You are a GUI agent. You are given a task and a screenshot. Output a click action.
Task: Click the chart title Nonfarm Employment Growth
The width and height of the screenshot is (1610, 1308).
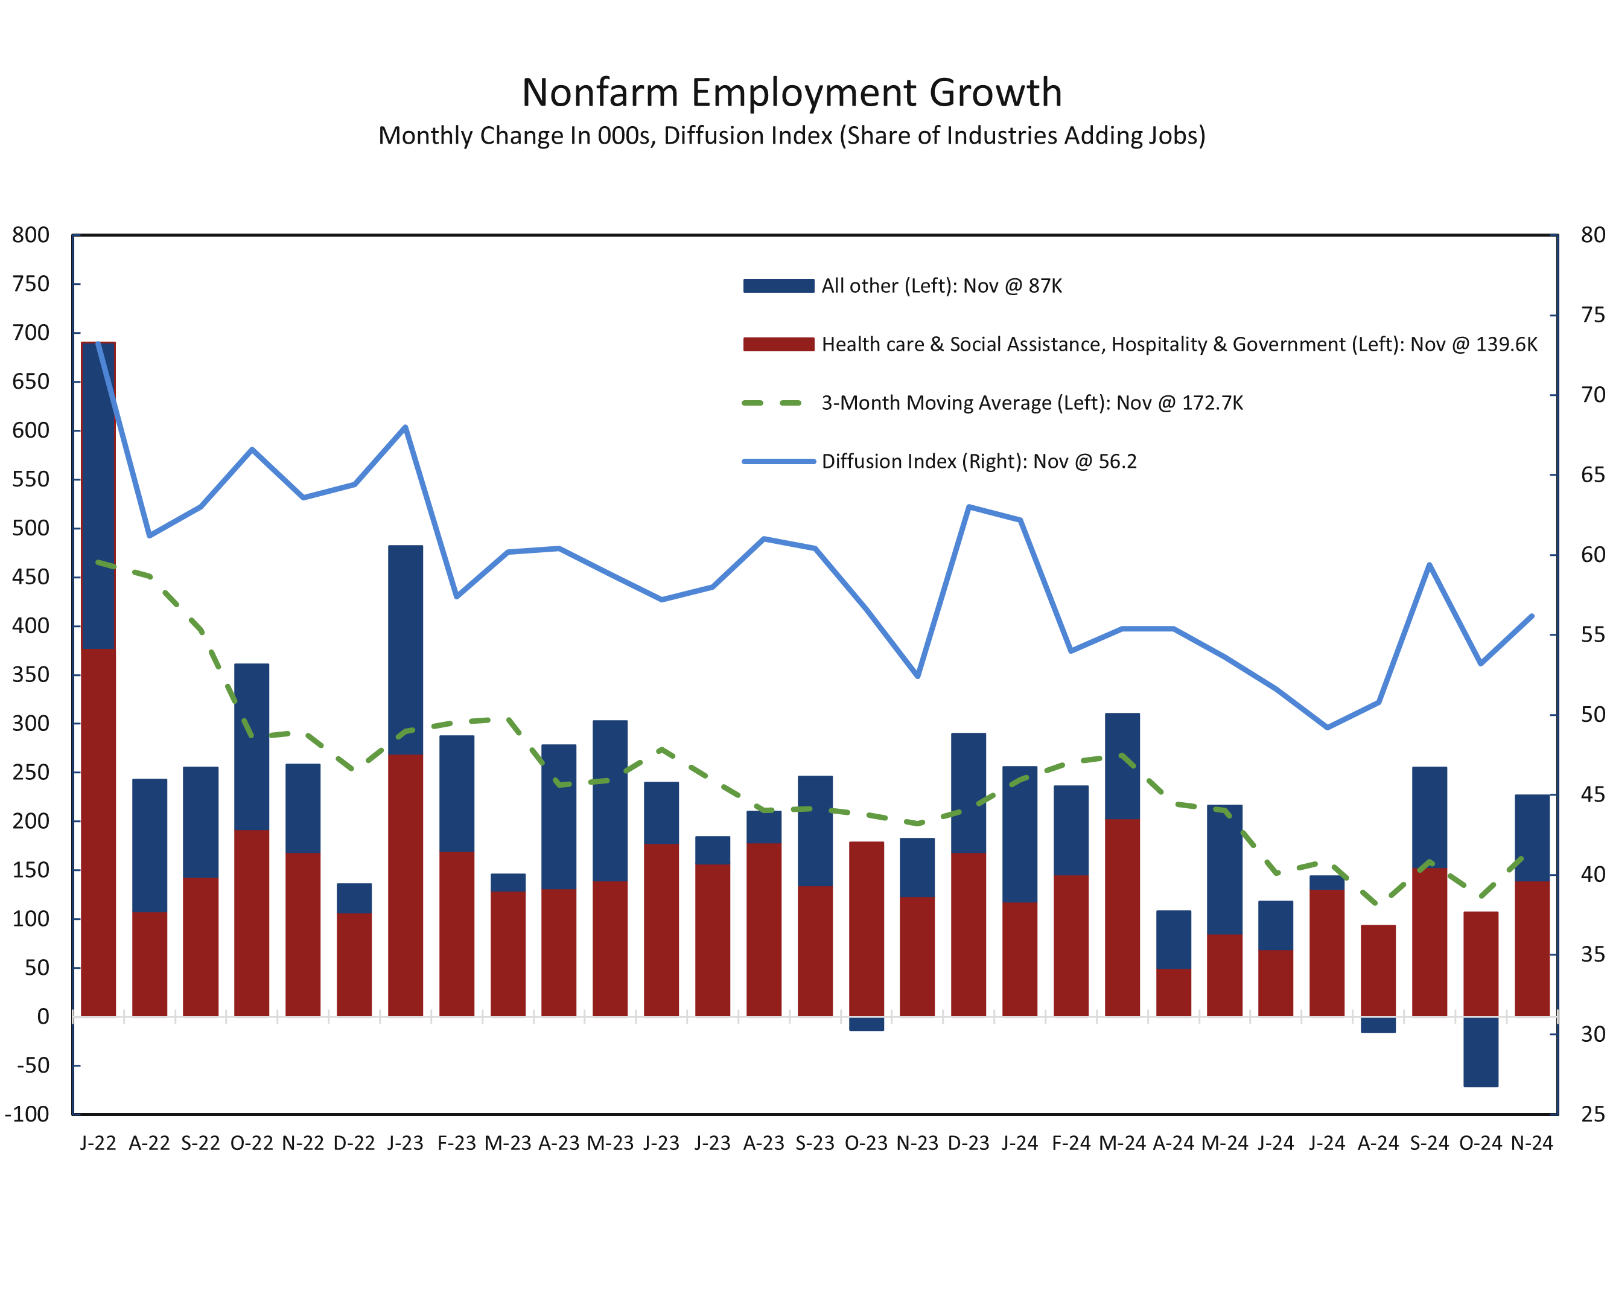(x=791, y=93)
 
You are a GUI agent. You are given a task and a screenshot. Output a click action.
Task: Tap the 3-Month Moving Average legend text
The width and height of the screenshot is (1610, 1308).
(x=1031, y=403)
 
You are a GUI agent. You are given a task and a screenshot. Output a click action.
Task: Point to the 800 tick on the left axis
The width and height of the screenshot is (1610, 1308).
(x=30, y=235)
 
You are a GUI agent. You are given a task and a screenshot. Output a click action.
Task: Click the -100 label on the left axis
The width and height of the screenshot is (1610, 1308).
(x=27, y=1114)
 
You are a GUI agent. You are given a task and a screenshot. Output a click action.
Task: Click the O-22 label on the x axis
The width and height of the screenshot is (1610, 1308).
(x=252, y=1144)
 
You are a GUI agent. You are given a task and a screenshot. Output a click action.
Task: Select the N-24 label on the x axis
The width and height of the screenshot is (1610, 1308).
(x=1532, y=1144)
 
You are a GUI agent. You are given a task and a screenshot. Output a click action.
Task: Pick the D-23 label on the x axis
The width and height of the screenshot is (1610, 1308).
(x=968, y=1144)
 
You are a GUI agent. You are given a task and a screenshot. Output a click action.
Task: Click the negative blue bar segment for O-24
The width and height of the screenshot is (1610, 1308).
(x=1480, y=1052)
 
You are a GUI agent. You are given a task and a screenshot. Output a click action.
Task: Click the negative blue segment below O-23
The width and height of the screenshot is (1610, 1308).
(x=866, y=1024)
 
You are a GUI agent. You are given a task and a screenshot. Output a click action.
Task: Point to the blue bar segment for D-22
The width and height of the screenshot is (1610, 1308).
(x=354, y=898)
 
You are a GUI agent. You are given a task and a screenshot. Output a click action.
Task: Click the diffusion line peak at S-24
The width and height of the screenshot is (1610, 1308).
(x=1429, y=564)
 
